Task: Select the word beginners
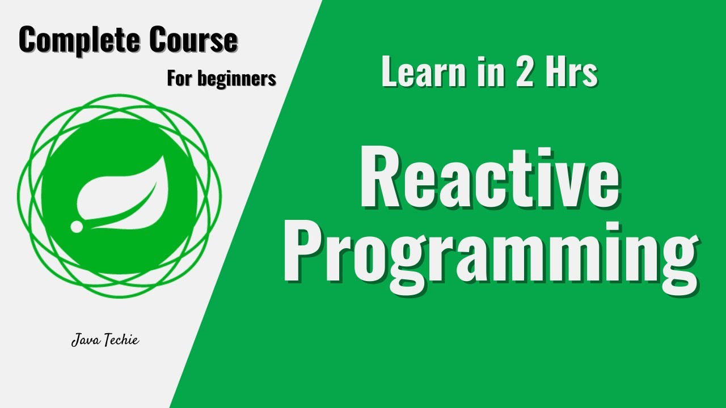[x=237, y=79]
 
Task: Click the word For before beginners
[x=180, y=78]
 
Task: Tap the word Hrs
[x=572, y=73]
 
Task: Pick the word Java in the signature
[x=84, y=341]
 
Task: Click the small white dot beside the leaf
[x=77, y=227]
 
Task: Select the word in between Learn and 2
[x=488, y=73]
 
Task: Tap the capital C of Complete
[x=29, y=41]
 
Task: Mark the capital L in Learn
[x=390, y=73]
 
